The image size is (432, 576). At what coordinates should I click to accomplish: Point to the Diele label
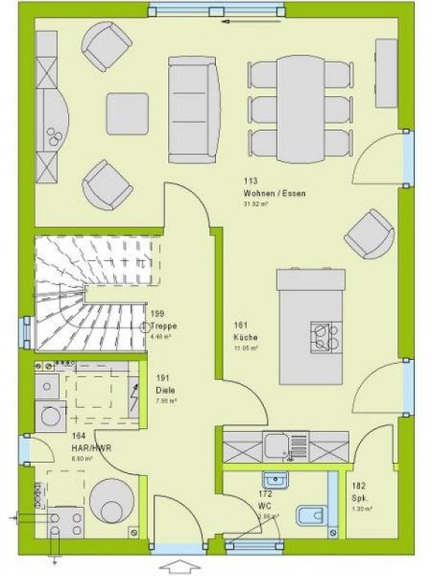coord(164,390)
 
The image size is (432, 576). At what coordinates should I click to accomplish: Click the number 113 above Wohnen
coord(251,181)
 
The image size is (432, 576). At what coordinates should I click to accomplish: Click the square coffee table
coord(127,113)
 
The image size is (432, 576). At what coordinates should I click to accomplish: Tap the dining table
coord(300,105)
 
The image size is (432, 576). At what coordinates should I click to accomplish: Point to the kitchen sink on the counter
coord(278,444)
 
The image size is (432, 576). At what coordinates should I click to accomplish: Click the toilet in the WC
coord(308,516)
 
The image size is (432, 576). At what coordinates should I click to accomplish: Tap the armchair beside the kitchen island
coord(369,233)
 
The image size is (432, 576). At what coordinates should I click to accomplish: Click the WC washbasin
coord(277,478)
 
